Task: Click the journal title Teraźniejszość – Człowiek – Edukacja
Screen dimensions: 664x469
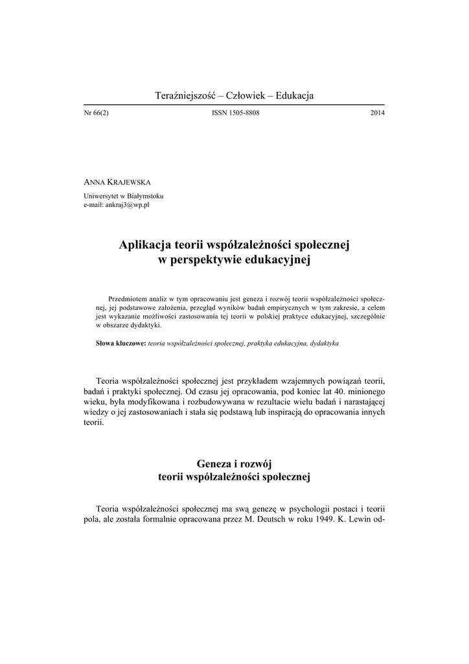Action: point(234,96)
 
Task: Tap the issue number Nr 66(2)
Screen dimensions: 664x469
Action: point(97,113)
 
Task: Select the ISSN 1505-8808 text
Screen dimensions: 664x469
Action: point(234,113)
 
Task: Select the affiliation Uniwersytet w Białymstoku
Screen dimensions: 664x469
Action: point(123,196)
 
